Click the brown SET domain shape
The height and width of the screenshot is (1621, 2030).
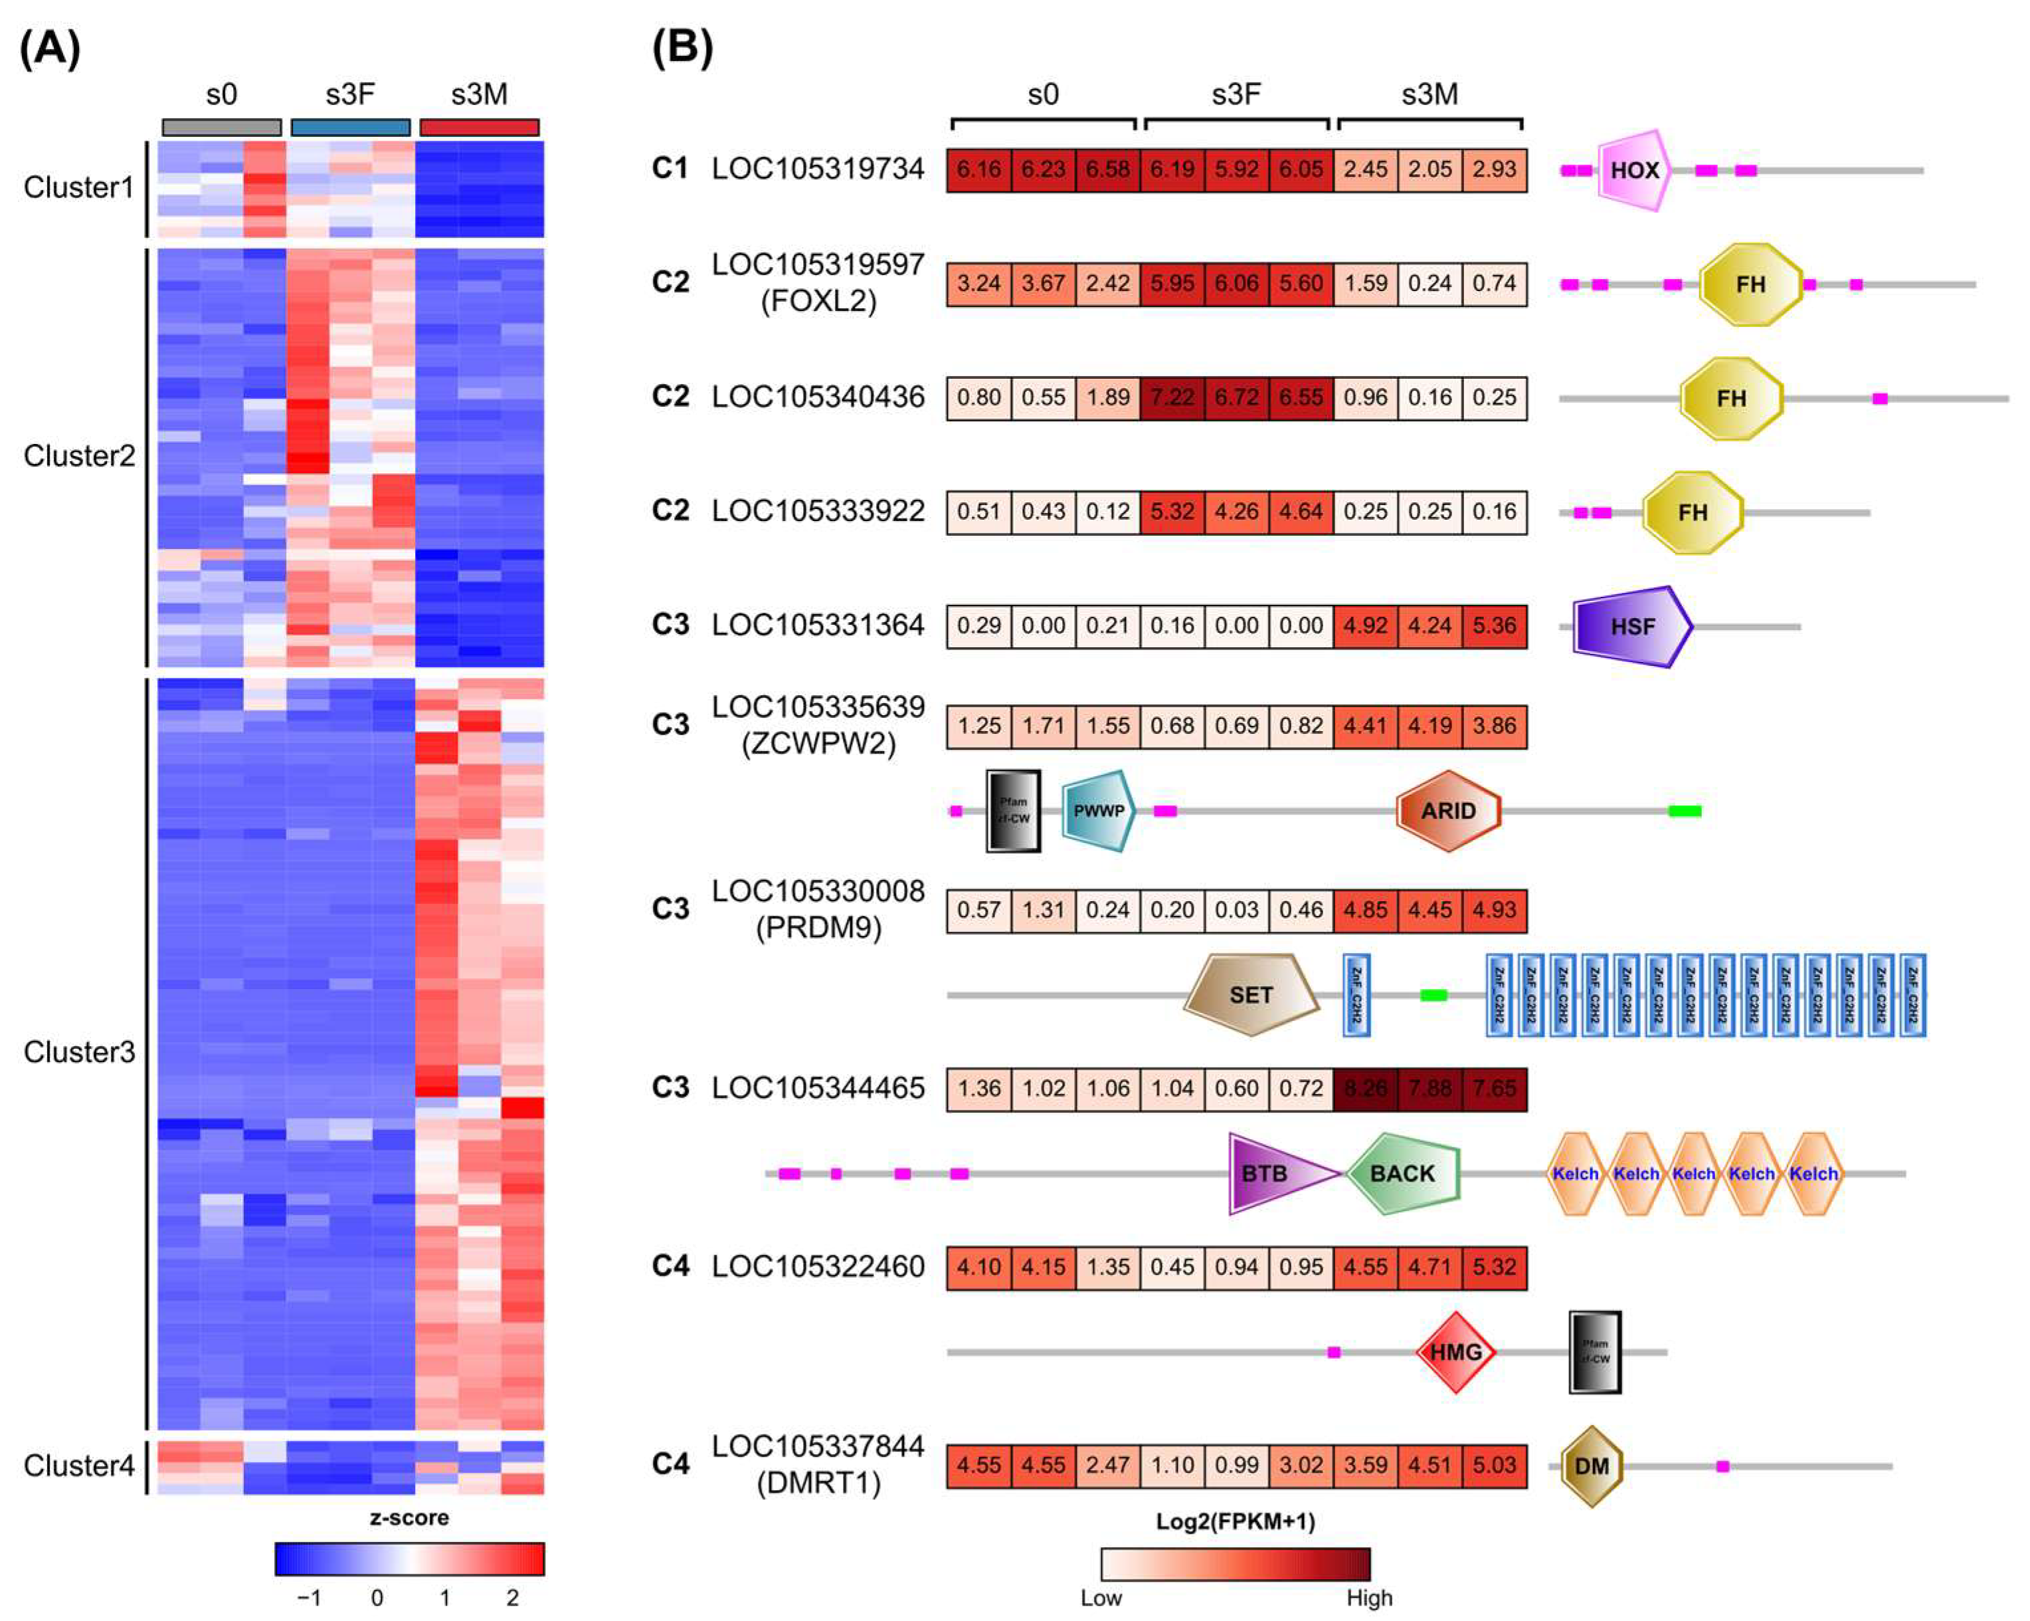[x=1249, y=995]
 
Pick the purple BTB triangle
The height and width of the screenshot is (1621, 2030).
[x=1271, y=1174]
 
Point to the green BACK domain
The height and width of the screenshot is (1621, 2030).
[x=1402, y=1174]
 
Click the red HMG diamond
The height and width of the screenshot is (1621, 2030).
[x=1455, y=1352]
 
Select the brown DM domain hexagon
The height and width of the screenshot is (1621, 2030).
[x=1591, y=1467]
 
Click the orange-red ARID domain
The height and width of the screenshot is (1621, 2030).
[x=1447, y=810]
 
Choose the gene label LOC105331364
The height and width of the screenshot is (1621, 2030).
[x=817, y=625]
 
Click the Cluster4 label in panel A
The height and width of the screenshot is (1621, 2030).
[x=79, y=1465]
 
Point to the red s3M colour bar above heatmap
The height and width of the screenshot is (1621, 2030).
[x=479, y=127]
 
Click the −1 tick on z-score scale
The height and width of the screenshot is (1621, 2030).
[x=309, y=1598]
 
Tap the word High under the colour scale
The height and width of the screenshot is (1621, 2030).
[x=1368, y=1598]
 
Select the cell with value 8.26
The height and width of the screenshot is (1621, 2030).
[x=1364, y=1088]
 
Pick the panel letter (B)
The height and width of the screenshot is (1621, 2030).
[x=682, y=47]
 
